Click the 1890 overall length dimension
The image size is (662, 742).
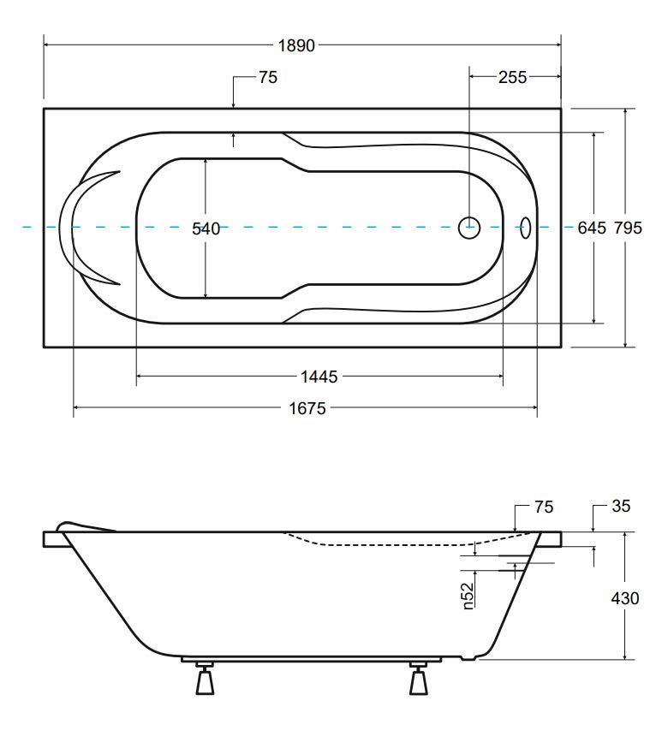point(296,46)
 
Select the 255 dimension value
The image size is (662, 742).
point(512,77)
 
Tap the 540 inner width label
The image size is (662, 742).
point(206,229)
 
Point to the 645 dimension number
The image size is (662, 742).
point(592,229)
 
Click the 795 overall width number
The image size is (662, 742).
point(628,229)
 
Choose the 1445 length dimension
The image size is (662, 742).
point(319,377)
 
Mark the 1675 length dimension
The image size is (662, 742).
point(307,408)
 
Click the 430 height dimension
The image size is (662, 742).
point(625,598)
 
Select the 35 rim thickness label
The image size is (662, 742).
point(621,507)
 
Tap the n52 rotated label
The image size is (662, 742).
point(468,596)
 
